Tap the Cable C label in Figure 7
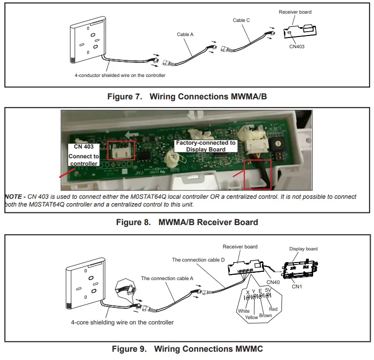coord(242,20)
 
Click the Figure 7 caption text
coord(187,96)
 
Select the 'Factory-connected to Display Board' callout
coord(206,146)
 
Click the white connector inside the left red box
coord(120,151)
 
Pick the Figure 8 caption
coord(187,222)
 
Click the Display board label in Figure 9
coord(303,248)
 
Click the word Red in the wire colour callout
coord(273,309)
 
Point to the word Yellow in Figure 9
coord(252,317)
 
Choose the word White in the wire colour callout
coord(243,311)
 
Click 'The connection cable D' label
coord(198,260)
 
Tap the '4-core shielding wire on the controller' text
coord(122,322)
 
